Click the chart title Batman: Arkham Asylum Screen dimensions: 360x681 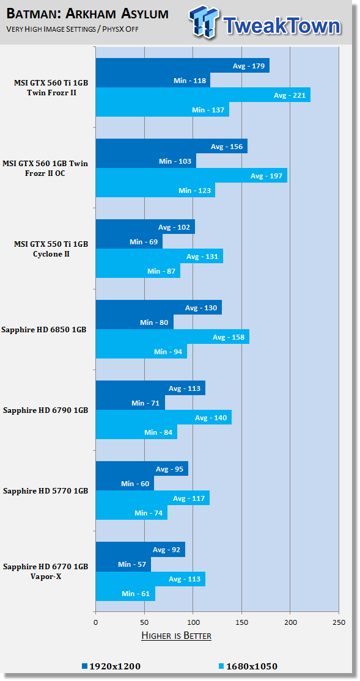(87, 13)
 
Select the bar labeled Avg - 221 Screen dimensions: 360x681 (203, 95)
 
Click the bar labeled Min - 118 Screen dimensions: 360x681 (153, 81)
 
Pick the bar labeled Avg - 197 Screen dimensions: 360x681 (191, 175)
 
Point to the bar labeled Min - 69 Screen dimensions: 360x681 (129, 241)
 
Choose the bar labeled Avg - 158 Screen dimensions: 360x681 (172, 337)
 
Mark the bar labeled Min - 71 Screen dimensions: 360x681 (130, 402)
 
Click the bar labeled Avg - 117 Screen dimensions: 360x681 (153, 498)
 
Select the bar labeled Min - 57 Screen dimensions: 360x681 (123, 564)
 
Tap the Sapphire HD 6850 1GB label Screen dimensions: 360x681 (44, 329)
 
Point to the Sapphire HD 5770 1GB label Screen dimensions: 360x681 (46, 490)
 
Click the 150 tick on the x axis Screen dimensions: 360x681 (242, 622)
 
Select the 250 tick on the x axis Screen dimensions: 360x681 (339, 622)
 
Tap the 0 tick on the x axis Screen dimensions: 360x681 (95, 622)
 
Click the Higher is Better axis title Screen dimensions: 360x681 (177, 636)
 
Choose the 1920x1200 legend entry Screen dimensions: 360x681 (111, 666)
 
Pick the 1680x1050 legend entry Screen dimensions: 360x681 (248, 666)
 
